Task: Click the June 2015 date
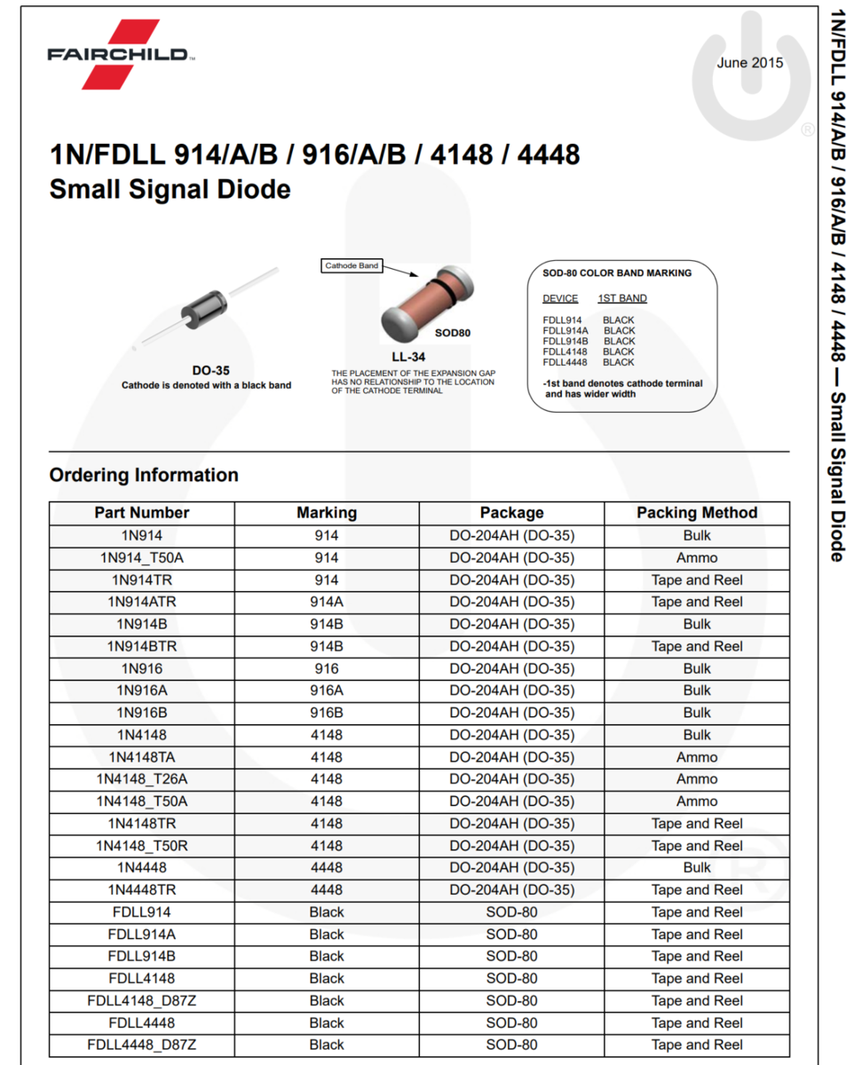coord(750,62)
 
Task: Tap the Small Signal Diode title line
coord(170,189)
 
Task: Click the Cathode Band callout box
coord(352,265)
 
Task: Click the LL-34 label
coord(409,357)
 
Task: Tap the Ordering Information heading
coord(144,475)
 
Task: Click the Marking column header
coord(327,513)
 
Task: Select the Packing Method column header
coord(697,513)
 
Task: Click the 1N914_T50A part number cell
coord(142,558)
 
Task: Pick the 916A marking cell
coord(327,690)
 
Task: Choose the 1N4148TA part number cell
coord(142,757)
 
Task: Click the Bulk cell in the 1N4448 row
coord(697,867)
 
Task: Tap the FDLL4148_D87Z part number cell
coord(142,1000)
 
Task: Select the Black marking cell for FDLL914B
coord(327,956)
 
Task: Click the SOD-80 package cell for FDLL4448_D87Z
coord(511,1045)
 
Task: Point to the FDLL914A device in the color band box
coord(565,330)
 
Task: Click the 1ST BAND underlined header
coord(622,298)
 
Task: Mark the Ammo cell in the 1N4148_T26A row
coord(697,779)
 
